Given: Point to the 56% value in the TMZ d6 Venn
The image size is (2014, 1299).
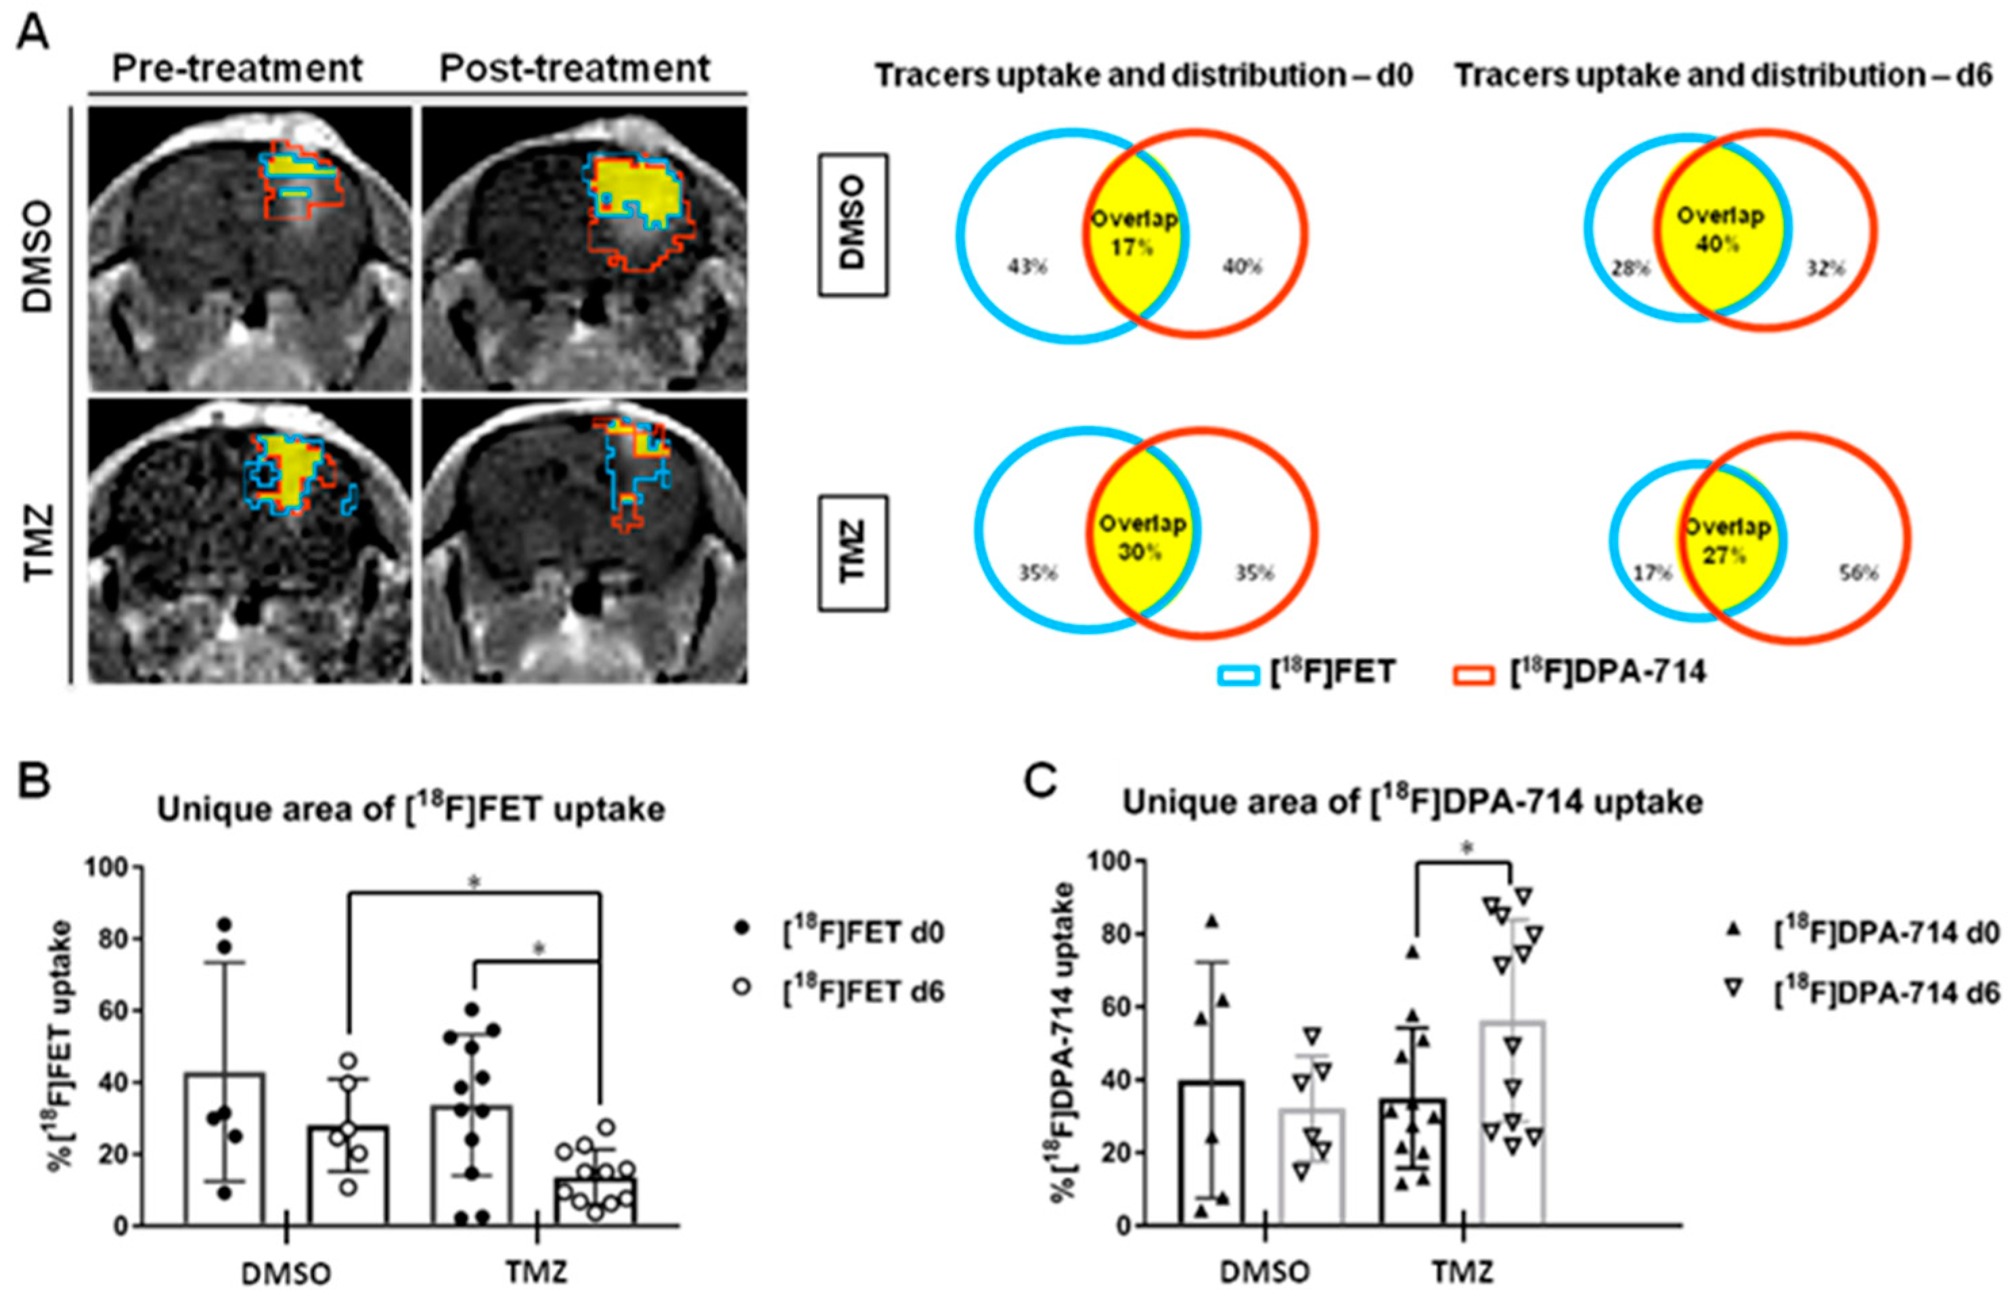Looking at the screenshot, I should (1859, 574).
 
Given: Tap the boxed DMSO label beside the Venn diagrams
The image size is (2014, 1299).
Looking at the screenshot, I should (852, 225).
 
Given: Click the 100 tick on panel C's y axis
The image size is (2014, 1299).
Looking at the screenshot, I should (1104, 861).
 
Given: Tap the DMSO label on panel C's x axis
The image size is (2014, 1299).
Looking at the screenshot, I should (1266, 1272).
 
